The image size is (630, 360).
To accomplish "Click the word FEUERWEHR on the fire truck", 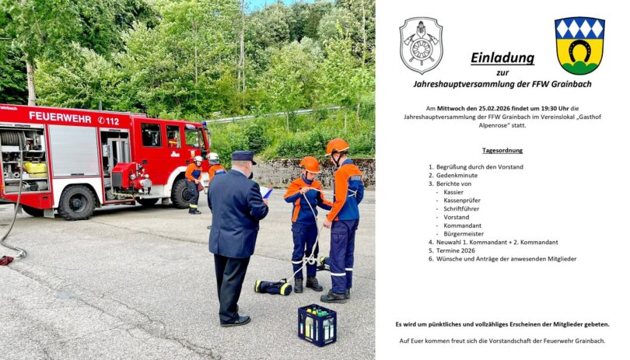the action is [60, 117].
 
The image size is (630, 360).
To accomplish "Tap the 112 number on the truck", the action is [113, 121].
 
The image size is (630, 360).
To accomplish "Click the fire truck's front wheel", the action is [182, 194].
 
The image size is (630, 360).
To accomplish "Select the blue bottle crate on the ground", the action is [317, 325].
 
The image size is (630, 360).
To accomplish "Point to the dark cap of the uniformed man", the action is [243, 157].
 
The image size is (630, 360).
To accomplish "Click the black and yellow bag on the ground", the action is [274, 287].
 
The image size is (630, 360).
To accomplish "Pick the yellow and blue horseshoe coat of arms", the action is [579, 45].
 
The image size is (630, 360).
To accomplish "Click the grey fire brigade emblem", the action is [421, 45].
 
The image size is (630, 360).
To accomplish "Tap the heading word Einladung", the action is [502, 58].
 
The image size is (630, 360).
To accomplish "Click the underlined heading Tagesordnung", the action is [502, 151].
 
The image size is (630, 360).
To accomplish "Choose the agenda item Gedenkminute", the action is [457, 175].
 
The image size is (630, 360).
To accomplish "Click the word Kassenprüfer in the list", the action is [462, 201].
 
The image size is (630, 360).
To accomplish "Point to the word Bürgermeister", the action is [464, 234].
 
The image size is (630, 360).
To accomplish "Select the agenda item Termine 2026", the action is [456, 250].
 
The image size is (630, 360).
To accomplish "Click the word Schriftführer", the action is [461, 209].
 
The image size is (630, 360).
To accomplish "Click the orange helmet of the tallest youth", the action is [337, 147].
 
